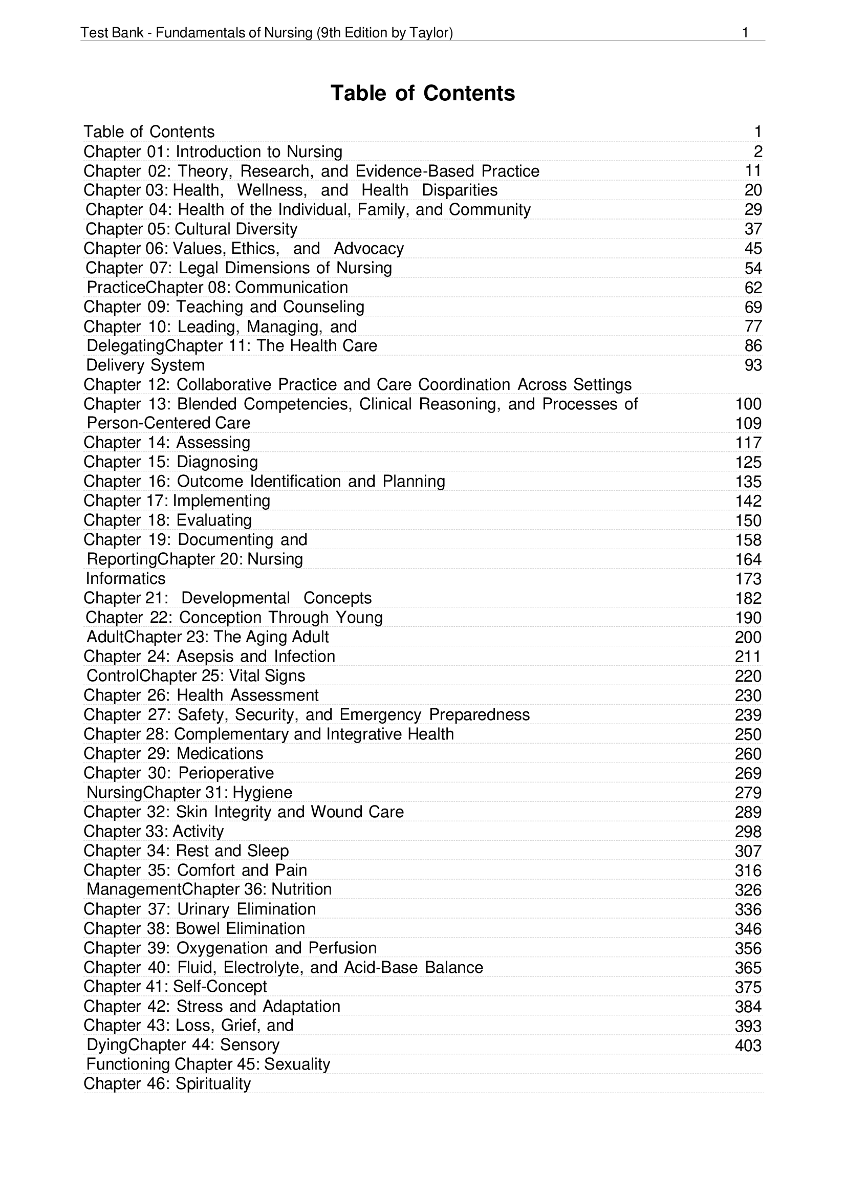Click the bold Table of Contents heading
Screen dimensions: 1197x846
[x=423, y=93]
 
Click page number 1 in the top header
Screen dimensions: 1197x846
[x=745, y=33]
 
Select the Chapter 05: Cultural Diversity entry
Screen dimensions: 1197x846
[x=191, y=229]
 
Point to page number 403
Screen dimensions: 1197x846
[x=748, y=1046]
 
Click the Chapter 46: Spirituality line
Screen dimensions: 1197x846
[x=167, y=1083]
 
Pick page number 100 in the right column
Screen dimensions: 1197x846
[x=748, y=404]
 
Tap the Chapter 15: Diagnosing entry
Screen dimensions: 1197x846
[x=170, y=462]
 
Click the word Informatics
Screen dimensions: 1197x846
[x=125, y=578]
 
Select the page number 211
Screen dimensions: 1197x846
[x=748, y=657]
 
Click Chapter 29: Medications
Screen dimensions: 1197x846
[x=173, y=753]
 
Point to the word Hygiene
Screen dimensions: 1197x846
[x=262, y=792]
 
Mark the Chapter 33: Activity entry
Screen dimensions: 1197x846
[x=154, y=831]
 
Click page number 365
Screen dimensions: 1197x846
[x=748, y=968]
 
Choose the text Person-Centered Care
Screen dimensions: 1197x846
[x=168, y=423]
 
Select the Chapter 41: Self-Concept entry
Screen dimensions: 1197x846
[x=175, y=986]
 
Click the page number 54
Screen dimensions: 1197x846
[x=753, y=268]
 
